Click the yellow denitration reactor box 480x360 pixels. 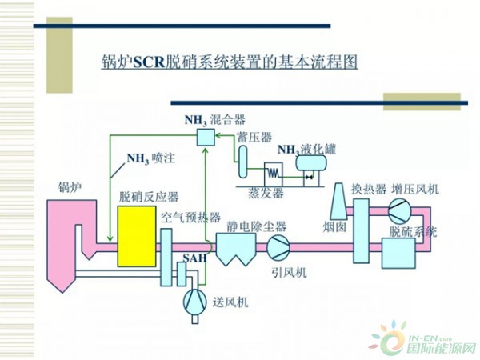(137, 236)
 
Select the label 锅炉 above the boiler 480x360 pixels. (70, 187)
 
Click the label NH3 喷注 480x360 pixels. (150, 159)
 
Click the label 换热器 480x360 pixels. (370, 190)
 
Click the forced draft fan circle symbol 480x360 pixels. (194, 301)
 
